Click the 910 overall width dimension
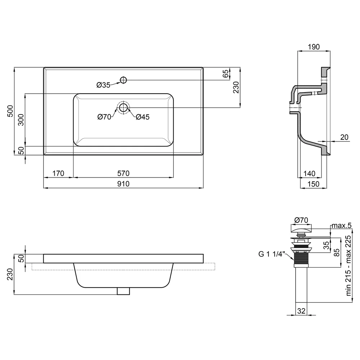pos(123,184)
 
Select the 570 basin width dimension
pos(123,174)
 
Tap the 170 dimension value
pos(58,174)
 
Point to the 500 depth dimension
pos(10,111)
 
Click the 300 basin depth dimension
pos(21,120)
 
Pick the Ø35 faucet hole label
pos(103,85)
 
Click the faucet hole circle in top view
pos(123,80)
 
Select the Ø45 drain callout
pos(143,117)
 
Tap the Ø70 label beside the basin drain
pos(104,117)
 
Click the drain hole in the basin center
pos(123,107)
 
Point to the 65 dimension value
pos(226,73)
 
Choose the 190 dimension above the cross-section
pos(314,47)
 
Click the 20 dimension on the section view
pos(344,137)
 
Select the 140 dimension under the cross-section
pos(309,174)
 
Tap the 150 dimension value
pos(314,184)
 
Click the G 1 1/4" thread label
pos(271,254)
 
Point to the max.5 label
pos(341,225)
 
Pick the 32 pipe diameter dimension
pos(301,311)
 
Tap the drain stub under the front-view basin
pos(123,291)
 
